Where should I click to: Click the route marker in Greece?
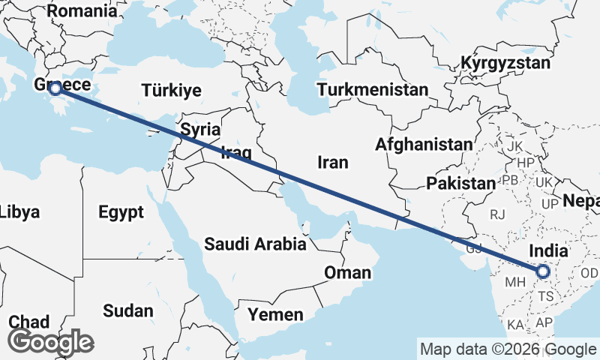pos(54,88)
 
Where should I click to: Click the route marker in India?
pos(543,271)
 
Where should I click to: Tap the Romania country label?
pos(82,11)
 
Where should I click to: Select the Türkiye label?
pos(172,91)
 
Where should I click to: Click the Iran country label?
pos(333,162)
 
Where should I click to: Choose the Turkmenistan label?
pos(373,90)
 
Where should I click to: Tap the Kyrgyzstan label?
pos(505,63)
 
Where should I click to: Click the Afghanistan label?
pos(425,144)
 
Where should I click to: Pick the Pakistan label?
pos(460,183)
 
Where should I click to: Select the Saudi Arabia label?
pos(255,244)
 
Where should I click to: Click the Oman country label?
pos(347,272)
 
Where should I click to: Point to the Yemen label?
pos(276,313)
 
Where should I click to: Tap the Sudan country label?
pos(128,310)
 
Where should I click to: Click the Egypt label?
pos(121,212)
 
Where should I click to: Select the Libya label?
pos(19,212)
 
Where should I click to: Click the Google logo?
pos(50,342)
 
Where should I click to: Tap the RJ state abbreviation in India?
pos(497,214)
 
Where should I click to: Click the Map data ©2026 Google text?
pos(508,349)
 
